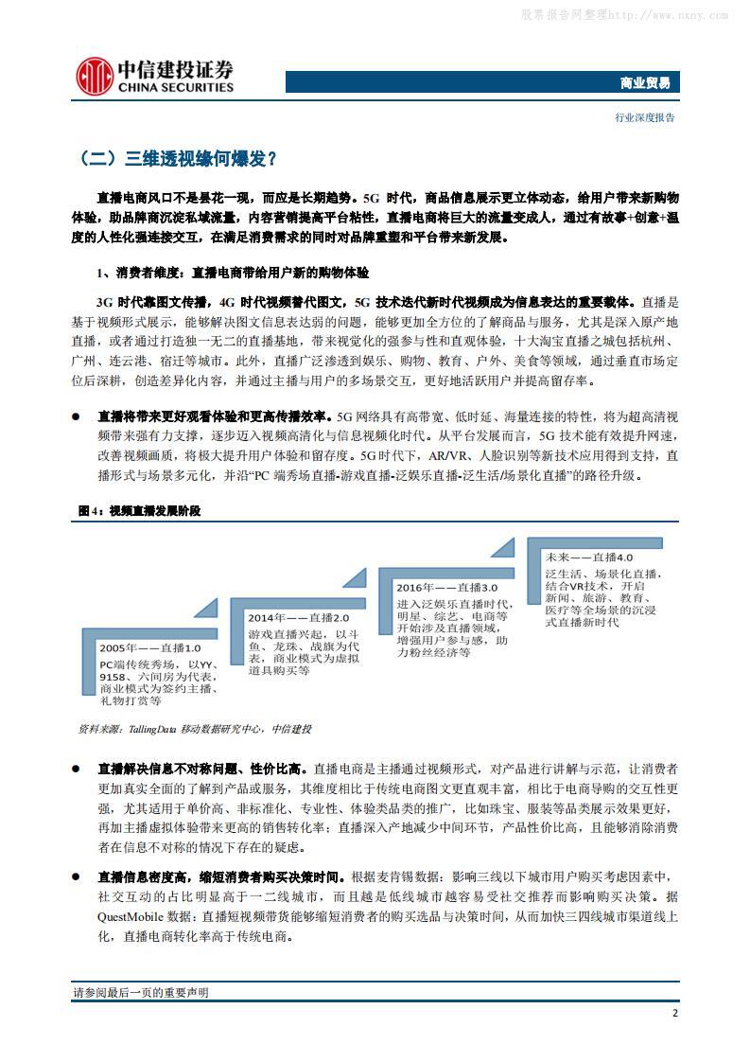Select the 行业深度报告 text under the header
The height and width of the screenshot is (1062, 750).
(645, 117)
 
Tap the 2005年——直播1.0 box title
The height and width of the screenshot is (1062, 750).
(150, 648)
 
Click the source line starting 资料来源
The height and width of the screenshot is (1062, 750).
(194, 729)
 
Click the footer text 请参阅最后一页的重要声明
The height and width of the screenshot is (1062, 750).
(141, 992)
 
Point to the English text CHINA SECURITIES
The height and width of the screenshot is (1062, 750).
(175, 88)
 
